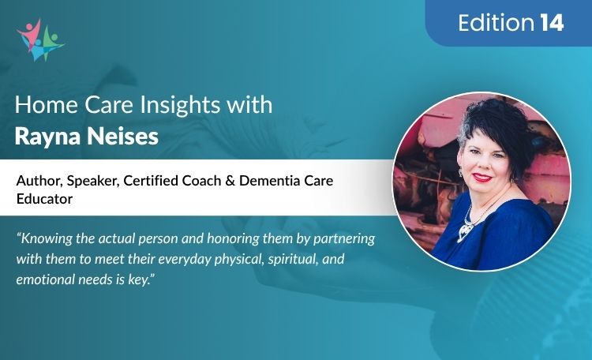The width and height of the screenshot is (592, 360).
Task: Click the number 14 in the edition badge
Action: [x=553, y=24]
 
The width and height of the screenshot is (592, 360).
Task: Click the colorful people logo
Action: [x=39, y=39]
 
